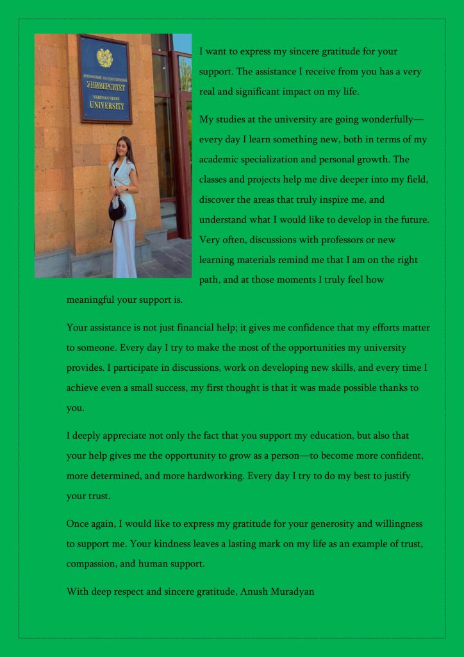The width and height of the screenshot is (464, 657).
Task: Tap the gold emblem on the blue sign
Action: click(104, 57)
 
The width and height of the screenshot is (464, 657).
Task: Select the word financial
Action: click(192, 327)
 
